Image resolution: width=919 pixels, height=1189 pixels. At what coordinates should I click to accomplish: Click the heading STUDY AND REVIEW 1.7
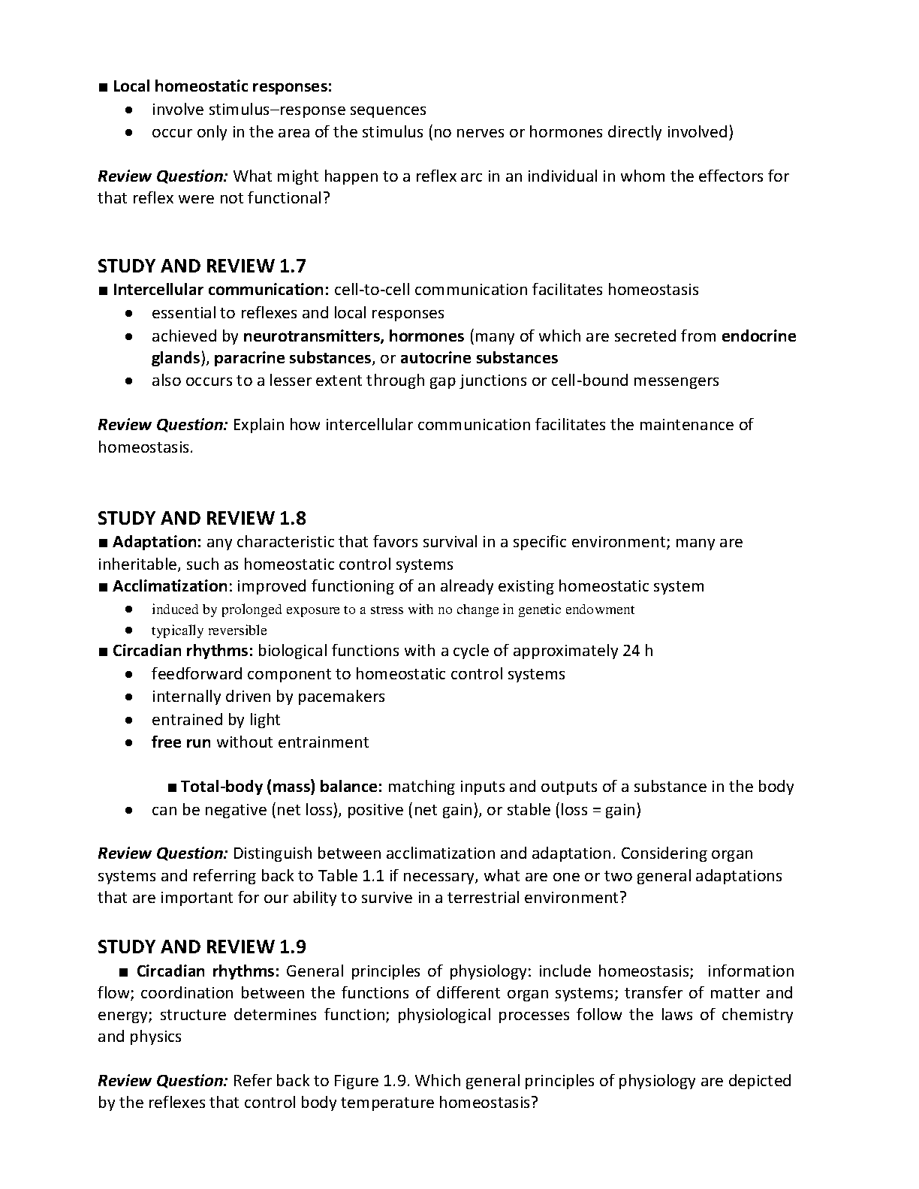tap(201, 266)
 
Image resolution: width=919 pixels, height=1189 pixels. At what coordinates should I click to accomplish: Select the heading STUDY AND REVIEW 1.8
tap(201, 519)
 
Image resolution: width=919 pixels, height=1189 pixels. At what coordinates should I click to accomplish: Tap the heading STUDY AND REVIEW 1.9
tap(201, 947)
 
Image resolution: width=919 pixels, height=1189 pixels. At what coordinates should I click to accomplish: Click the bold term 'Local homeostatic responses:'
tap(222, 86)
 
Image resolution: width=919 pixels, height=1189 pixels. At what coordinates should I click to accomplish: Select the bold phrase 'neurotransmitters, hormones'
tap(354, 336)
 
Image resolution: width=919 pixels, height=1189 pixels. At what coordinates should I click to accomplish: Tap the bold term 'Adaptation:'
tap(157, 542)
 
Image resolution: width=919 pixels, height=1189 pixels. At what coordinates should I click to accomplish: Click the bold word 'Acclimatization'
tap(170, 586)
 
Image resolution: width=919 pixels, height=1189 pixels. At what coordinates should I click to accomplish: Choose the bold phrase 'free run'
tap(181, 742)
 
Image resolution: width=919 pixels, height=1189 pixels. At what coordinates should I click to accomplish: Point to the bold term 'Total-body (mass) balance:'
tap(282, 787)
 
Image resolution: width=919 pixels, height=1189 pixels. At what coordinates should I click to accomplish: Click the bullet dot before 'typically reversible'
tap(130, 631)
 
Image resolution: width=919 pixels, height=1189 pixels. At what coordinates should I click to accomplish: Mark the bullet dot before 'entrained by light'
tap(130, 720)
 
